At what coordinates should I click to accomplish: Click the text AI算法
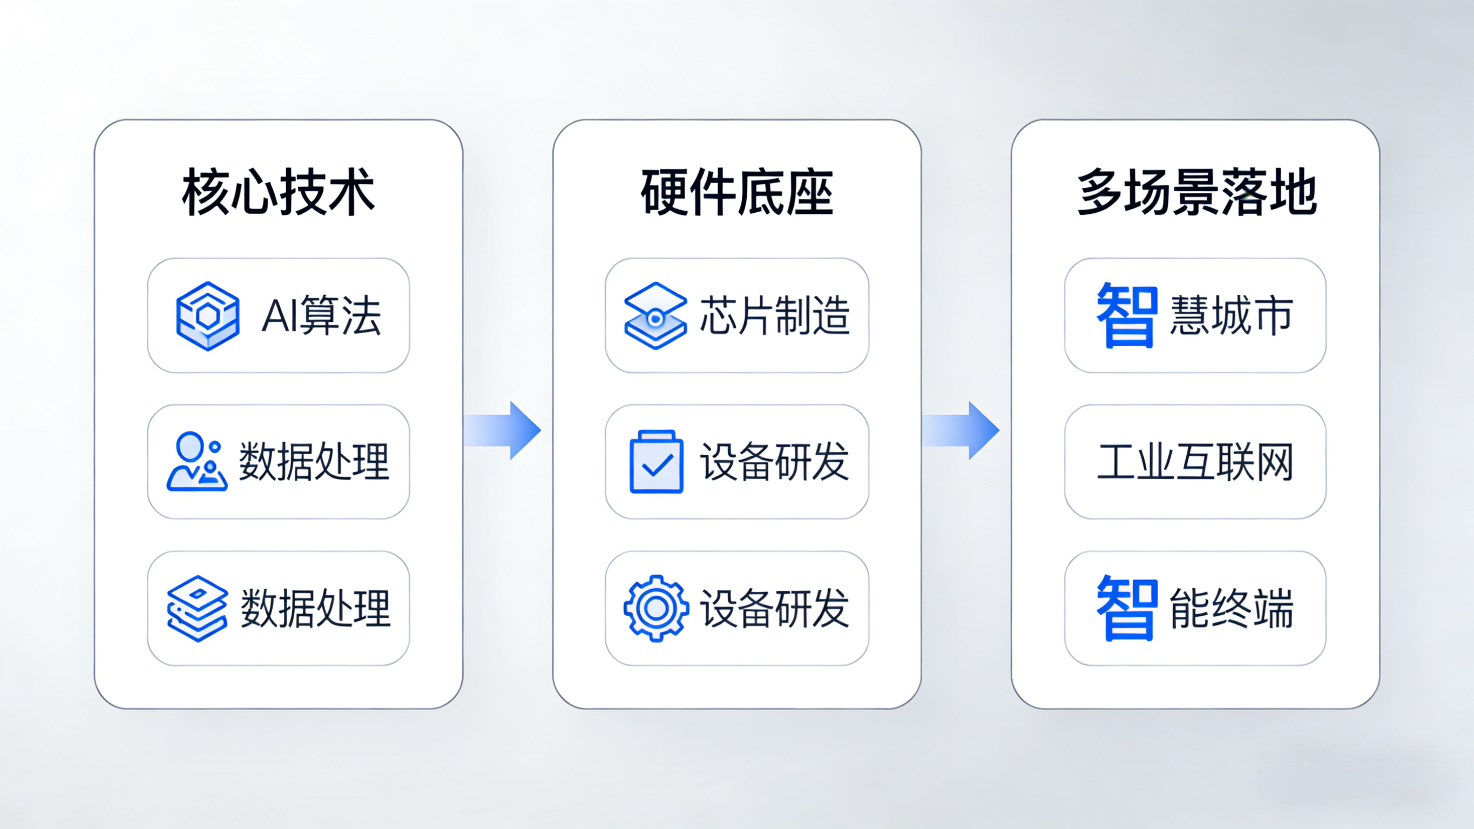pos(321,315)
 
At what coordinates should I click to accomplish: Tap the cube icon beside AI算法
pos(208,315)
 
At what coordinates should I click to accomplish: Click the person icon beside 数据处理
pos(197,461)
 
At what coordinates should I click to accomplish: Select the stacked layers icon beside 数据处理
pos(197,608)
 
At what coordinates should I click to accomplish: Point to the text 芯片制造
pos(775,315)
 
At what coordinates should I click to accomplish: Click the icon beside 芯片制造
pos(655,315)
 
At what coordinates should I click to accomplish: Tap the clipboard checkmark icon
pos(657,461)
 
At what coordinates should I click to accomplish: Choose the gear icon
pos(657,608)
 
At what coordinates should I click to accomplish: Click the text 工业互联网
pos(1195,461)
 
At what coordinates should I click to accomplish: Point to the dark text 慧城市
pos(1232,315)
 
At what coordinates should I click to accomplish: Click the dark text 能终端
pos(1232,608)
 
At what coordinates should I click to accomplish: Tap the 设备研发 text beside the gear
pos(775,608)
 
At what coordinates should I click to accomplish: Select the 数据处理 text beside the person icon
pos(314,461)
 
